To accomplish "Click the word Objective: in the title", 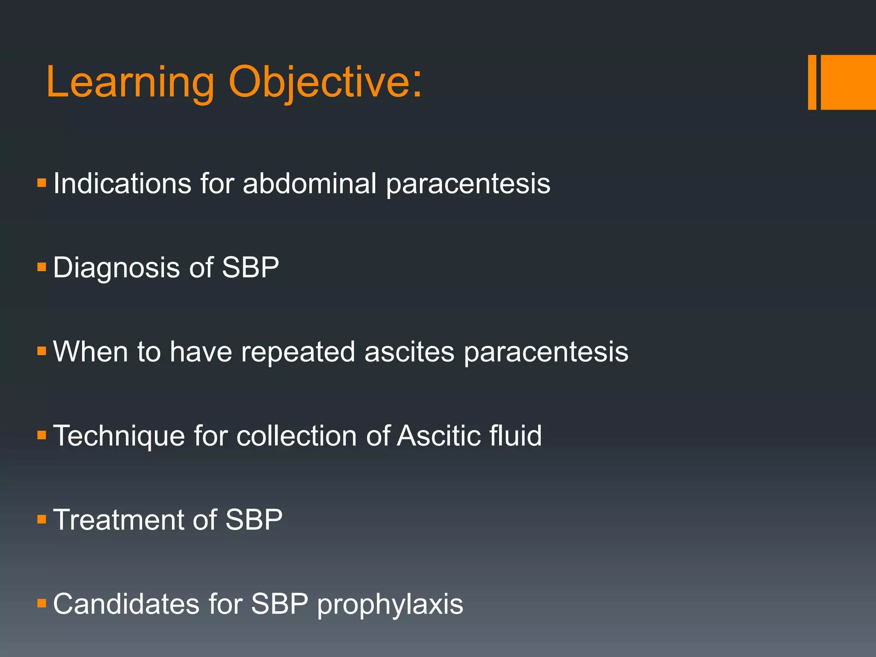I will pyautogui.click(x=325, y=82).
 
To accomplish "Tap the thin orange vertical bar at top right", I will pyautogui.click(x=812, y=82).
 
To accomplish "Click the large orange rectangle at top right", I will pyautogui.click(x=848, y=82).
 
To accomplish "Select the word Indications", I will pyautogui.click(x=122, y=184).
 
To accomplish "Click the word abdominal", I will pyautogui.click(x=309, y=184).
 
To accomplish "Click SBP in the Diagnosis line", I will pyautogui.click(x=250, y=268).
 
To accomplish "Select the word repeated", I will pyautogui.click(x=298, y=352).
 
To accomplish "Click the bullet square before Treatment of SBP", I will pyautogui.click(x=41, y=520).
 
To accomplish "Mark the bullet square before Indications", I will pyautogui.click(x=41, y=183).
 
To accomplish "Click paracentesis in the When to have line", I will pyautogui.click(x=546, y=352).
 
